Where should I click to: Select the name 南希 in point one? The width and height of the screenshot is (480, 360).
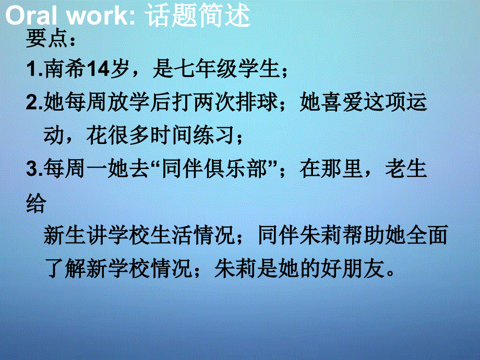click(x=65, y=69)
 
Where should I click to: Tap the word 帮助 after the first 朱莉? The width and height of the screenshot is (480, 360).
click(x=371, y=236)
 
